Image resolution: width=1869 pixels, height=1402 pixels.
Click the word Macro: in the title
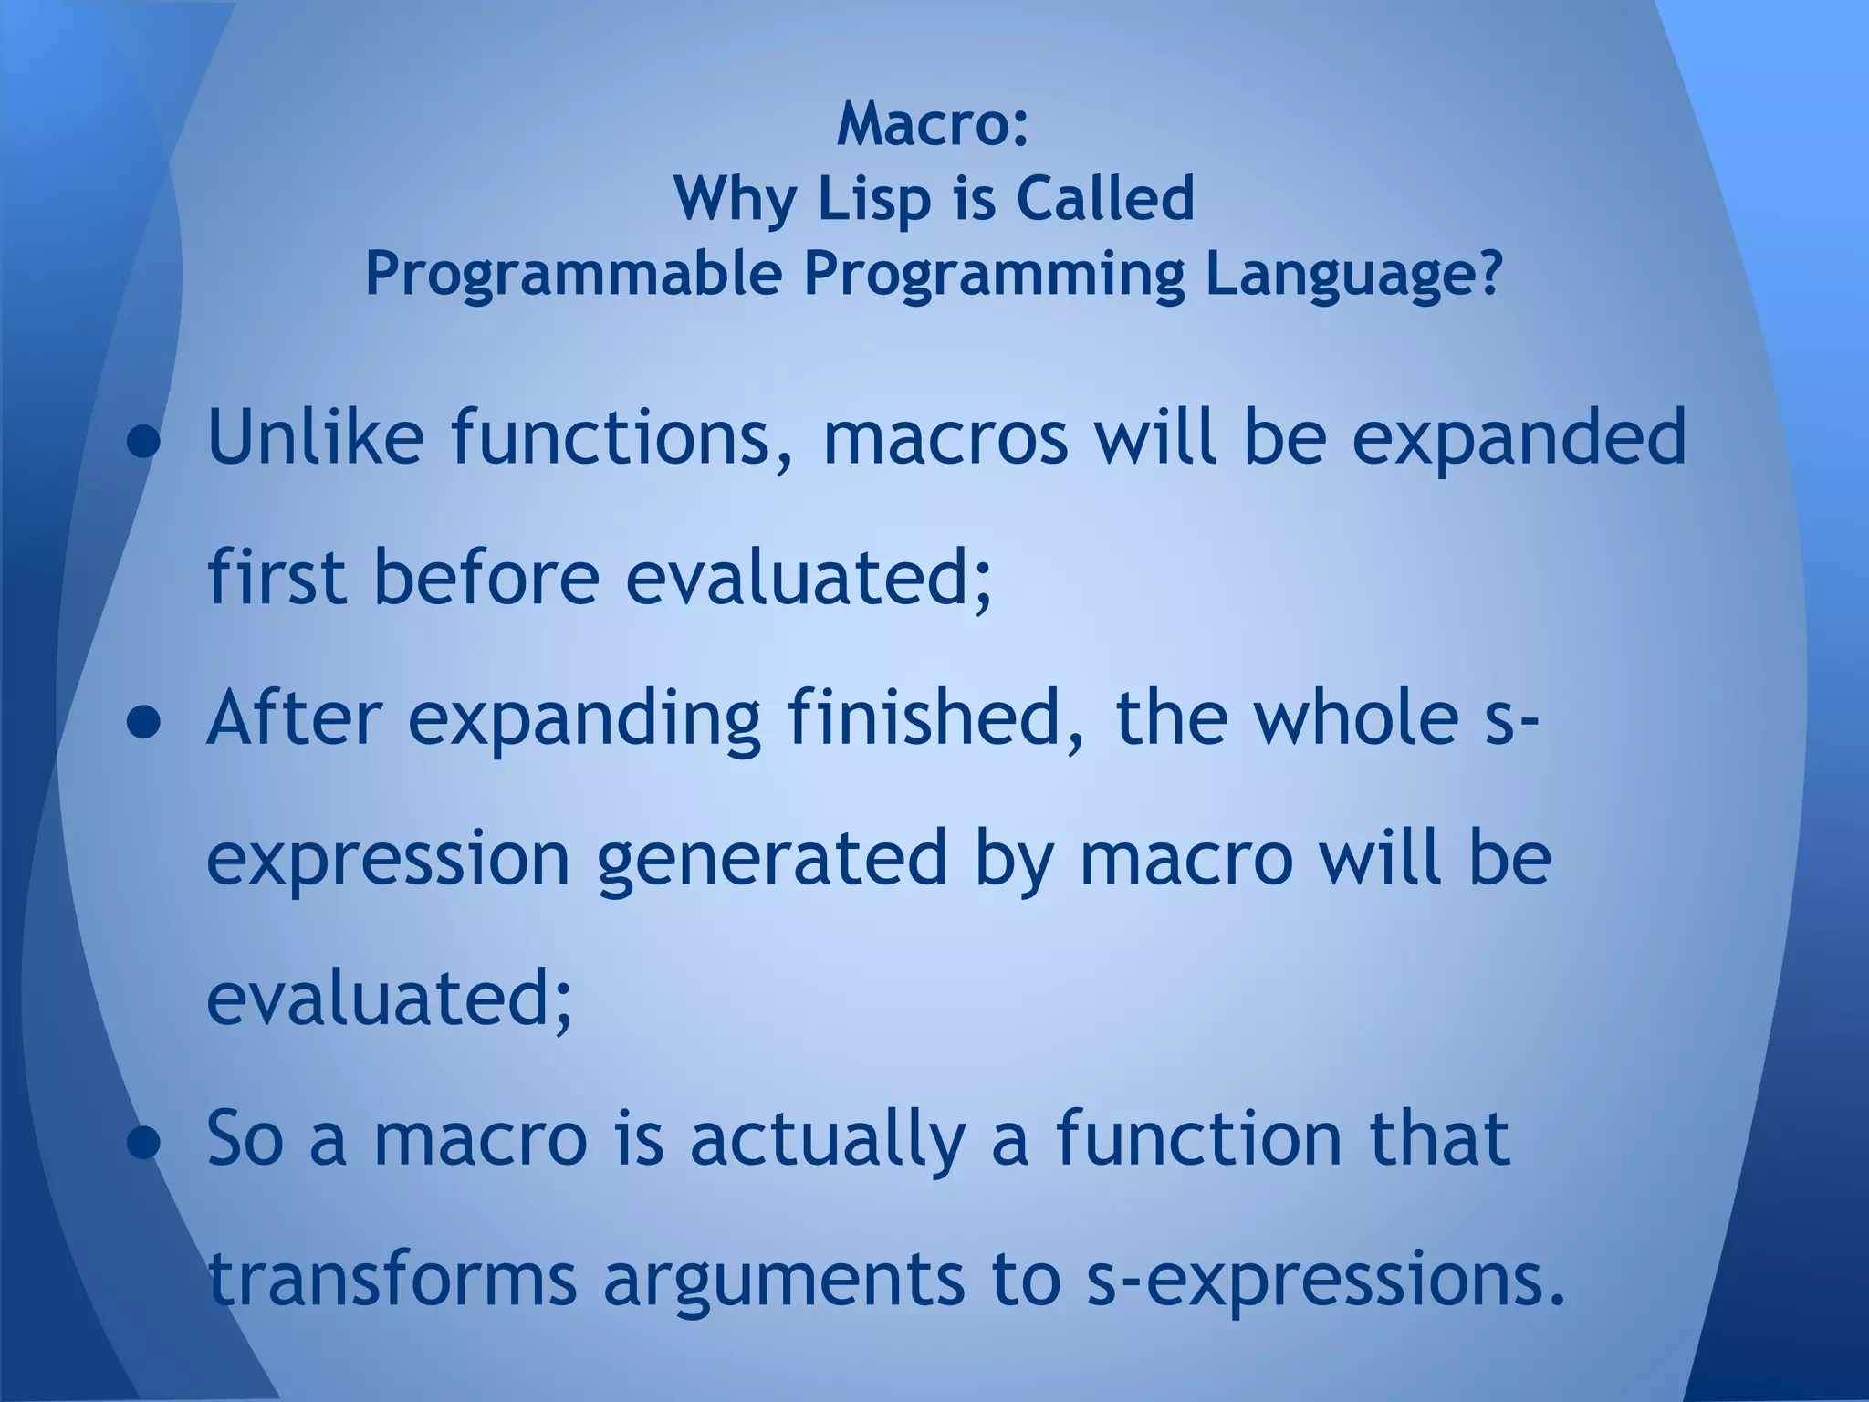click(933, 124)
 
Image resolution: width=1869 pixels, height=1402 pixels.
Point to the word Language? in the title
click(1352, 273)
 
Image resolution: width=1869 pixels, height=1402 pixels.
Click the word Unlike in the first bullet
click(316, 437)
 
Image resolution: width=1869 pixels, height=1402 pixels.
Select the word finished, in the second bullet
click(936, 717)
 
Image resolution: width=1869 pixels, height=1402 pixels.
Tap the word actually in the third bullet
click(827, 1139)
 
